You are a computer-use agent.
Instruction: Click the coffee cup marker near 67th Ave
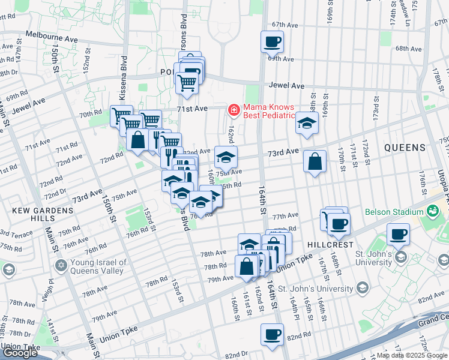(x=272, y=42)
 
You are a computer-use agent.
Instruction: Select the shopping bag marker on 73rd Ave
(x=315, y=161)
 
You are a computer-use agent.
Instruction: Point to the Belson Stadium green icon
(x=431, y=211)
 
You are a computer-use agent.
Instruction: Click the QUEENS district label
(x=405, y=147)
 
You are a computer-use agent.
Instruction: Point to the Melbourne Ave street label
(x=52, y=38)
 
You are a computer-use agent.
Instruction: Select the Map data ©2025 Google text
(x=411, y=355)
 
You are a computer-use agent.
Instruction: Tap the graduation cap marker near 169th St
(x=307, y=123)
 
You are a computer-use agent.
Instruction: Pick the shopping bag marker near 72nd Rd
(x=138, y=140)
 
